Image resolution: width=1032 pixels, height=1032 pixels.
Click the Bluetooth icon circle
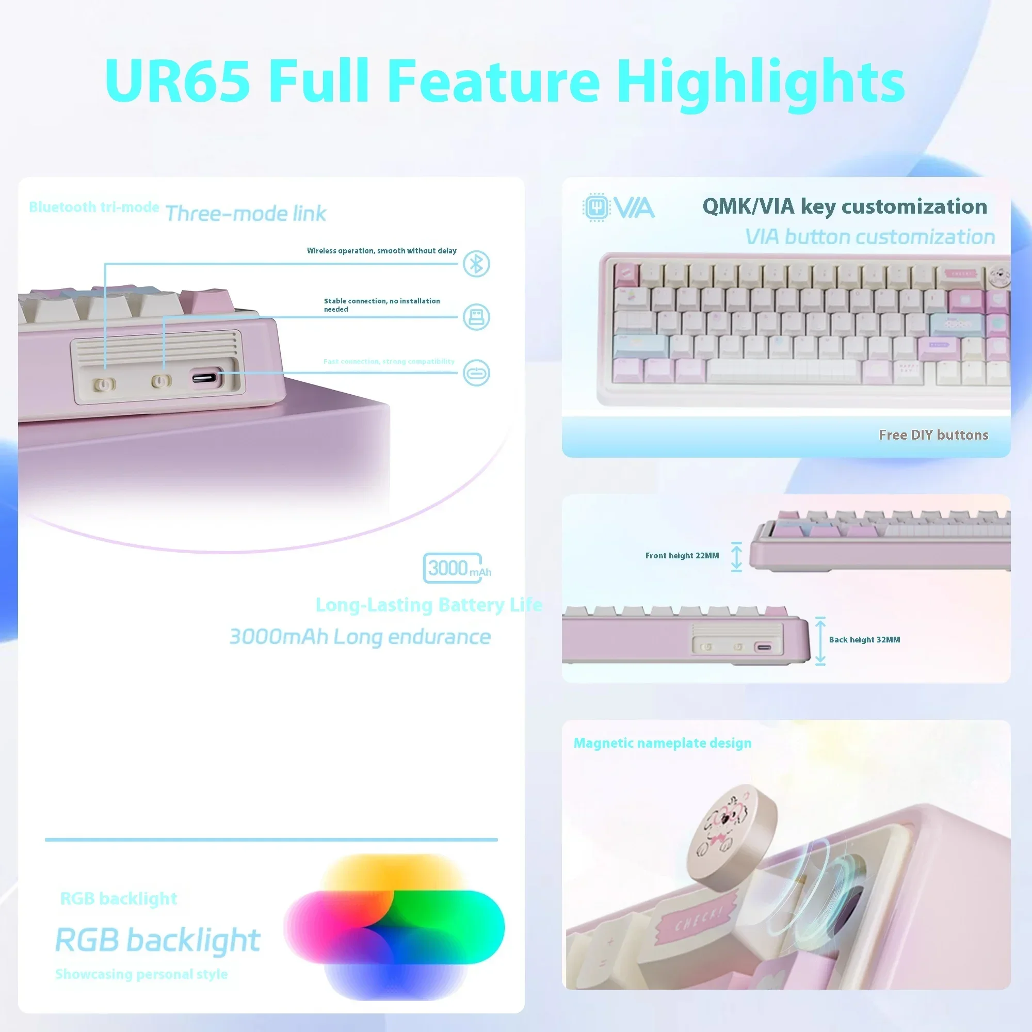pos(476,263)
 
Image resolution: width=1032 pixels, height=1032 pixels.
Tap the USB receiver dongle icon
pos(476,317)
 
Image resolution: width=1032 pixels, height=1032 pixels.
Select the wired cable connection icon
pos(476,373)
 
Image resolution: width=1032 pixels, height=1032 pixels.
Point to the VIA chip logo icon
pos(596,207)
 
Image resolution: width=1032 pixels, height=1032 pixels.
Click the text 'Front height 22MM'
pos(682,556)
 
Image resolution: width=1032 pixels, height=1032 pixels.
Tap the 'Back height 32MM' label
pos(864,639)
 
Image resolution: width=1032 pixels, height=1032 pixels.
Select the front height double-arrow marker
pos(737,557)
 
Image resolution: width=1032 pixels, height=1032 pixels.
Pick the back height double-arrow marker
pos(820,640)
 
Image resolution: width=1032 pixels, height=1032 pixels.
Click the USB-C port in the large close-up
pos(204,378)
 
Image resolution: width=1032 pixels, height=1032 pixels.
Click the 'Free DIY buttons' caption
pos(933,435)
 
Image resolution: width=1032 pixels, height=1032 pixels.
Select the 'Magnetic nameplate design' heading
pos(663,743)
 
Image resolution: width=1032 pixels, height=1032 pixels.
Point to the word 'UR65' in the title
pos(178,81)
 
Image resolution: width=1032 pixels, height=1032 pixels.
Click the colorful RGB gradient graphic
pos(394,927)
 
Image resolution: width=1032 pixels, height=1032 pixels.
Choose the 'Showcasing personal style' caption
pos(141,974)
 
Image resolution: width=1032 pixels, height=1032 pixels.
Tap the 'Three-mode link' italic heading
pos(246,214)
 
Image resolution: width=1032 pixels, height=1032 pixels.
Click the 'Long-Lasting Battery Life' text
pos(429,605)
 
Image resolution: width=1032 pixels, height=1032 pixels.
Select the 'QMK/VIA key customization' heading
pos(845,206)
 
